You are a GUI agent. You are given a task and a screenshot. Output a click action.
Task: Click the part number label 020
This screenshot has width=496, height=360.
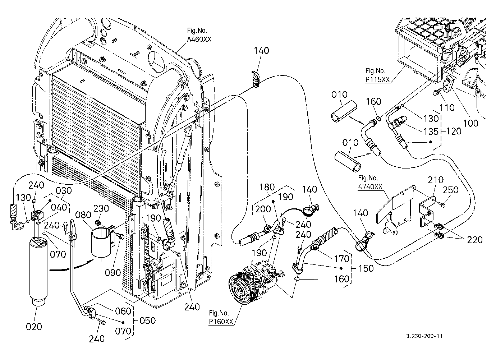[x=34, y=327]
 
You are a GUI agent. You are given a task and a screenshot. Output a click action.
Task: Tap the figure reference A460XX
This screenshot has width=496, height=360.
[x=199, y=40]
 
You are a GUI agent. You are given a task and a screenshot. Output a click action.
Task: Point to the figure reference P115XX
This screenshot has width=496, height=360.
[x=377, y=80]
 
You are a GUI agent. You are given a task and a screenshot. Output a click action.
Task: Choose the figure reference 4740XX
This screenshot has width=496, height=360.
[x=370, y=186]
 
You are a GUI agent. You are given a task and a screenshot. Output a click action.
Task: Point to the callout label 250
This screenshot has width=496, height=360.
[x=451, y=190]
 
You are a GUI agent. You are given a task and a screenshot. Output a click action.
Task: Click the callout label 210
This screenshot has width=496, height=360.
[x=436, y=180]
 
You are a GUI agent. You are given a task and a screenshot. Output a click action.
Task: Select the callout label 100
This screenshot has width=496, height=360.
[x=470, y=123]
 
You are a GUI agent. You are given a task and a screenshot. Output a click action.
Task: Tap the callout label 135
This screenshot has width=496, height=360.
[x=431, y=131]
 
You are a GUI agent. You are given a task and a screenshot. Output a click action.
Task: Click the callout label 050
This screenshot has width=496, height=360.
[x=148, y=320]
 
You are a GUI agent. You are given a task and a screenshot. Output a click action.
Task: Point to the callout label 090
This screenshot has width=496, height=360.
[x=113, y=273]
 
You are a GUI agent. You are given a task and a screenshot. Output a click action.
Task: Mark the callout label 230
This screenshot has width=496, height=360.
[x=101, y=208]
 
